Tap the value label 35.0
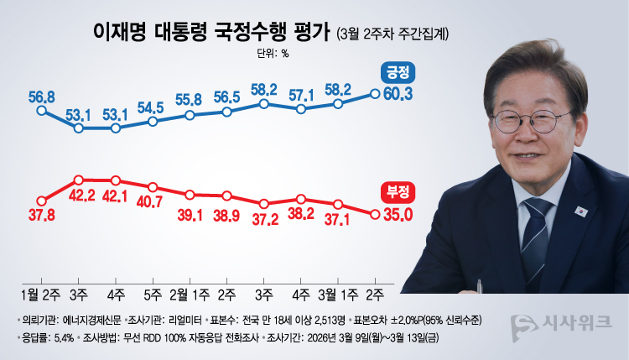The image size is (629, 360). (x=397, y=214)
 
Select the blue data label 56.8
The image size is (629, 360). (x=41, y=97)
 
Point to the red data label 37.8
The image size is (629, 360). (x=41, y=215)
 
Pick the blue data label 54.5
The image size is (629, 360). (x=153, y=107)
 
